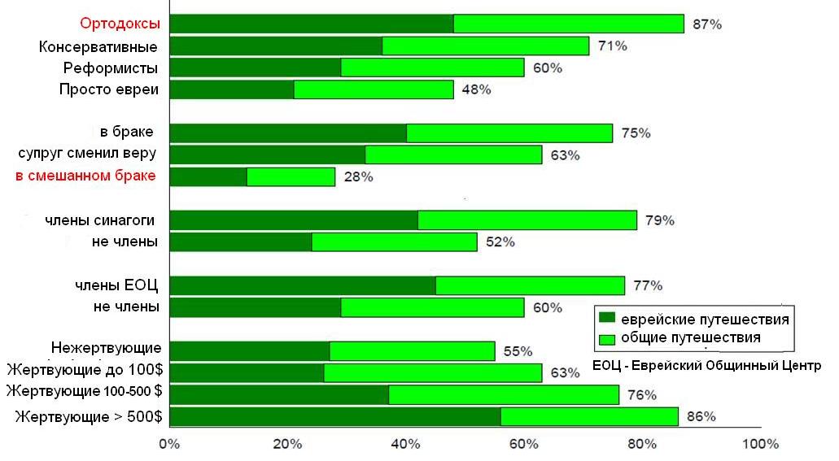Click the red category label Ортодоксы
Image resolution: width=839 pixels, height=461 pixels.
coord(120,24)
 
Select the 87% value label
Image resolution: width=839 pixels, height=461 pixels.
coord(706,24)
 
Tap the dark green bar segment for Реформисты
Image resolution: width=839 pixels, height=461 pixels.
coord(255,67)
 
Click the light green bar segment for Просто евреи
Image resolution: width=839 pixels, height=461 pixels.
coord(373,89)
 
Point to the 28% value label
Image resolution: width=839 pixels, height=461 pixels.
coord(358,177)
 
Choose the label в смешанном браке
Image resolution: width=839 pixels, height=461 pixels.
coord(85,176)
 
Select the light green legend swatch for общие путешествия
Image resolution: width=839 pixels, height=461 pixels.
coord(605,337)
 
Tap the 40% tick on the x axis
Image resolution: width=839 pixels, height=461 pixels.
coord(405,445)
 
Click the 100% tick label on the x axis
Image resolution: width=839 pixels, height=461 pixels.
coord(760,445)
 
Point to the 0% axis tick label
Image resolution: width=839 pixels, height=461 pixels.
coord(168,445)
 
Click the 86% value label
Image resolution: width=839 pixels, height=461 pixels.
coord(701,417)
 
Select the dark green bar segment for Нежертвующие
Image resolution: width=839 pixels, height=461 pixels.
coord(249,350)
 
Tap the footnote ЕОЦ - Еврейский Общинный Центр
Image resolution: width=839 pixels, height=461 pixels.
coord(707,365)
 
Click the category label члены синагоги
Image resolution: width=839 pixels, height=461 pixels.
coord(100,220)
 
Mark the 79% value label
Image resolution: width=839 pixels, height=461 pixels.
coord(659,220)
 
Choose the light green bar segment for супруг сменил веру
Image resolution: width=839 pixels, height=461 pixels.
coord(453,154)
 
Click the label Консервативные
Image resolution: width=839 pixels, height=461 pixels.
coord(98,46)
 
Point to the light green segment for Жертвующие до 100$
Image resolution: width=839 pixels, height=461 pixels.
coord(432,372)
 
